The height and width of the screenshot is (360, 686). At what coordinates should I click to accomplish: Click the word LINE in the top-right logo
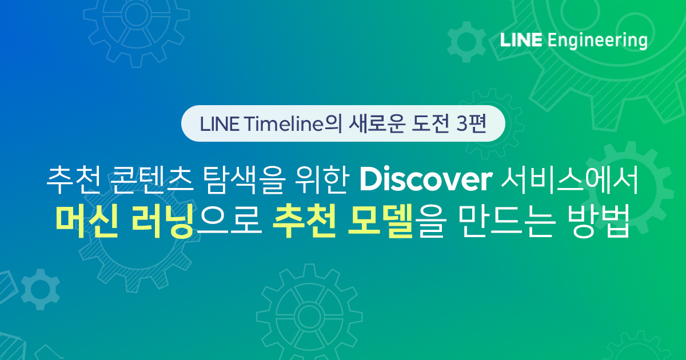(521, 41)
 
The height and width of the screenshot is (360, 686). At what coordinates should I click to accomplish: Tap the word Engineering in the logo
(597, 41)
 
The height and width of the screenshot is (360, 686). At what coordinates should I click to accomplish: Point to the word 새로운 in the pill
(377, 124)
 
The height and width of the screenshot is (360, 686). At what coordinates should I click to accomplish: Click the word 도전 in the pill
(430, 124)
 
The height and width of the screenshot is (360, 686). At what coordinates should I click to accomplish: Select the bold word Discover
(426, 179)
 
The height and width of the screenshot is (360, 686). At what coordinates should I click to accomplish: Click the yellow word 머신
(87, 221)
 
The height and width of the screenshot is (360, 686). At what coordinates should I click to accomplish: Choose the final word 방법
(598, 221)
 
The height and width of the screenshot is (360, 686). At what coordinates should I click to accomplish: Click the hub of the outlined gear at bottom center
(309, 316)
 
